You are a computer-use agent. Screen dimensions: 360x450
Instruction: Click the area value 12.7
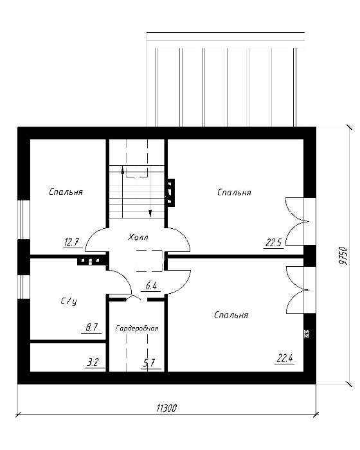click(x=71, y=242)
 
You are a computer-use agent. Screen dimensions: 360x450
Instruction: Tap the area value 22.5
click(x=273, y=243)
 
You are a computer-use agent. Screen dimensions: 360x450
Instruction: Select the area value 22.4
click(x=285, y=358)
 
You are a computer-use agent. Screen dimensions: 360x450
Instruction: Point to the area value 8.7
click(x=92, y=327)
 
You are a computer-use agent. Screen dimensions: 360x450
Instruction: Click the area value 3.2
click(x=93, y=362)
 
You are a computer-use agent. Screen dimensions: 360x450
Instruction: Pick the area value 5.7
click(x=148, y=363)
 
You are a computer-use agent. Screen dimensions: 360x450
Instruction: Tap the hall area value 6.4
click(x=151, y=286)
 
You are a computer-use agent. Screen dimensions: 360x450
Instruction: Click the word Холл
click(x=138, y=237)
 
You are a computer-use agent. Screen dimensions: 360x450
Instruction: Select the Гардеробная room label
click(x=137, y=328)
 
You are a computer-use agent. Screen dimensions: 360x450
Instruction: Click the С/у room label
click(x=69, y=301)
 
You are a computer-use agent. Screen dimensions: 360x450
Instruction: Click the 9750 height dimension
click(x=344, y=256)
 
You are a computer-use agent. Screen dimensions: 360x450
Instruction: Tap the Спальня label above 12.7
click(x=66, y=192)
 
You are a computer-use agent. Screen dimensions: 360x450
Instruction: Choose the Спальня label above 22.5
click(x=234, y=192)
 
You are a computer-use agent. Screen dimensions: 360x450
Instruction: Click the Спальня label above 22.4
click(x=231, y=315)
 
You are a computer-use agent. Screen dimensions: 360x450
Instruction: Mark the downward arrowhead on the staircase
click(x=150, y=213)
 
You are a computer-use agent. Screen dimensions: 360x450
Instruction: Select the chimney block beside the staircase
click(x=170, y=193)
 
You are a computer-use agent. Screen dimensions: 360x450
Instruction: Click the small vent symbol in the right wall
click(x=306, y=334)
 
